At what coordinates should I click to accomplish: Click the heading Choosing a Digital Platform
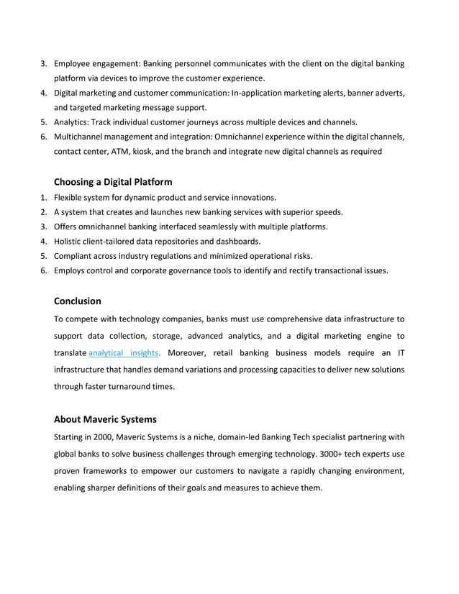tap(113, 182)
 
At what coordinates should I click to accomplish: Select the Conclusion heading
tap(78, 301)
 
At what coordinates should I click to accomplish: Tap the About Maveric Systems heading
tap(105, 419)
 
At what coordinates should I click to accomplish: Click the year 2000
tap(101, 437)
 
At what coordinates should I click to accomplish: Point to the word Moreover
tap(189, 352)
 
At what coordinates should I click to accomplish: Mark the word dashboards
tap(237, 241)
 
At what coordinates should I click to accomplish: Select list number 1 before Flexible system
tap(42, 197)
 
